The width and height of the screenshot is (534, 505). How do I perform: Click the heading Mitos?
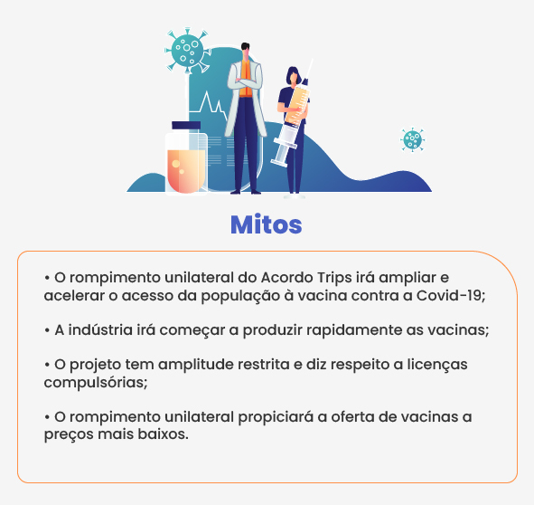[x=266, y=224]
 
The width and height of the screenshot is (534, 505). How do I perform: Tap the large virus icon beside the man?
[x=187, y=51]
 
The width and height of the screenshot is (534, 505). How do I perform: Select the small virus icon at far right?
[x=412, y=139]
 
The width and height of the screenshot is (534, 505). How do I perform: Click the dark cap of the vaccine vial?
[x=186, y=125]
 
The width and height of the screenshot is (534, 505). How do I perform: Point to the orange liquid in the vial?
[x=186, y=171]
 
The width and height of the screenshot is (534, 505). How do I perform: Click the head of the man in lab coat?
[x=245, y=50]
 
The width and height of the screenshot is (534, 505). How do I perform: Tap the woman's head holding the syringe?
[x=294, y=76]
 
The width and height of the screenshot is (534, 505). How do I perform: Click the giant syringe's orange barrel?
[x=296, y=105]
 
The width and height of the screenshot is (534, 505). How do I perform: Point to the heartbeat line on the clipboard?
[x=209, y=103]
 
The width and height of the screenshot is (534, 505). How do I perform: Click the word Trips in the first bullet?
[x=334, y=279]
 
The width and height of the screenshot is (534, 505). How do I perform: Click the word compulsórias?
[x=96, y=383]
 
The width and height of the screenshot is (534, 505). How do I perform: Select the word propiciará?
[x=276, y=417]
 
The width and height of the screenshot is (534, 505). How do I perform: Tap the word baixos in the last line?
[x=163, y=434]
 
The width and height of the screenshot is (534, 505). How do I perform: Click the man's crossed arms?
[x=245, y=82]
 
